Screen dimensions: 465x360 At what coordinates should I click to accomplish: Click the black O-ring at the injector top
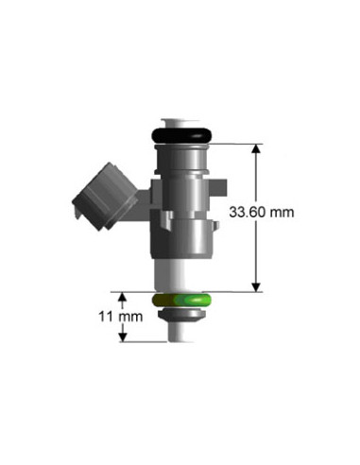click(x=181, y=135)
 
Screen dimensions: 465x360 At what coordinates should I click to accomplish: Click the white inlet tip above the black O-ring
click(x=180, y=123)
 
